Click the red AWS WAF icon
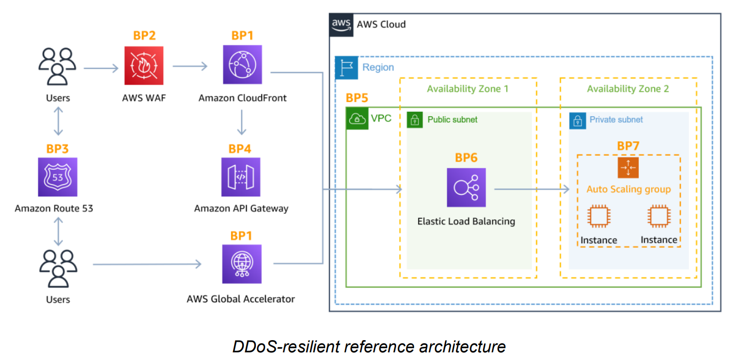(144, 65)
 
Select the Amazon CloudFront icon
(242, 65)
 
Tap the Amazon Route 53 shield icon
(58, 177)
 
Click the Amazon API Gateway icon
(241, 177)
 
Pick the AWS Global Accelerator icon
(242, 264)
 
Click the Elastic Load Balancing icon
(466, 188)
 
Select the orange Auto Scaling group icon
(628, 168)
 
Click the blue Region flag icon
(347, 68)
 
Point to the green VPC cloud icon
(357, 119)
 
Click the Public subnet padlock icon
(415, 120)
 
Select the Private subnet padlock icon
(577, 120)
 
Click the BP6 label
(466, 158)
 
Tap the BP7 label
(628, 146)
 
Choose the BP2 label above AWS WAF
(144, 36)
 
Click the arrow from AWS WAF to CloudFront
(190, 66)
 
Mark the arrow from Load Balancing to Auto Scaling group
(531, 190)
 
